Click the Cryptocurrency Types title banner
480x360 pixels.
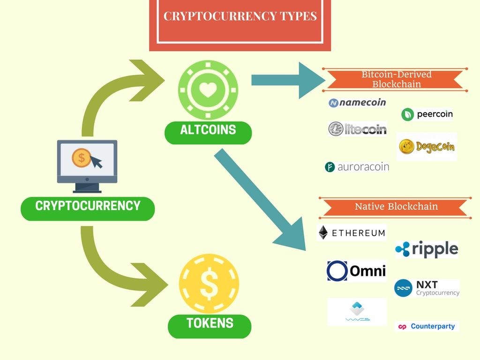pyautogui.click(x=240, y=24)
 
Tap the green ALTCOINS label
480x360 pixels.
pyautogui.click(x=208, y=133)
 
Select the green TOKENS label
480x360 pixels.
pyautogui.click(x=210, y=326)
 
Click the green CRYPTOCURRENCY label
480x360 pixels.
pyautogui.click(x=88, y=209)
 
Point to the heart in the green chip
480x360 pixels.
pyautogui.click(x=208, y=90)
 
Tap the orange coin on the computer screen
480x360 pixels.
pyautogui.click(x=81, y=158)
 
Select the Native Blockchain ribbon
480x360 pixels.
pyautogui.click(x=396, y=208)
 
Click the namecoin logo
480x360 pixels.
pyautogui.click(x=357, y=103)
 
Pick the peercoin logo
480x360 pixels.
pyautogui.click(x=427, y=114)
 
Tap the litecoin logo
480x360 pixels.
pyautogui.click(x=357, y=128)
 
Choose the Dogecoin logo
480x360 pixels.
pyautogui.click(x=427, y=147)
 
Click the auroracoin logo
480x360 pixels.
pyautogui.click(x=357, y=167)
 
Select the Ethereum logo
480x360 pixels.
pyautogui.click(x=352, y=232)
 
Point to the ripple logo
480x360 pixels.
pyautogui.click(x=427, y=249)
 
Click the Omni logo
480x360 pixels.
pyautogui.click(x=357, y=271)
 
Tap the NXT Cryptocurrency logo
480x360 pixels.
pyautogui.click(x=427, y=288)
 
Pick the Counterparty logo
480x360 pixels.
pyautogui.click(x=427, y=326)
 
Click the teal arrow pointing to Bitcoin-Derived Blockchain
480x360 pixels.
pyautogui.click(x=288, y=80)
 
